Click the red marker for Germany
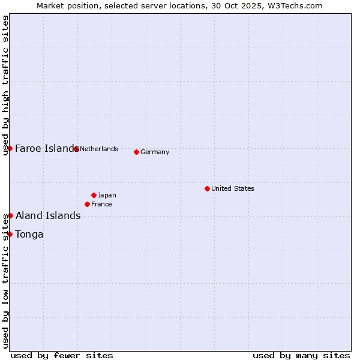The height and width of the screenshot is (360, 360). click(x=137, y=152)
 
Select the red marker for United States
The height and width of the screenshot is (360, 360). click(x=207, y=188)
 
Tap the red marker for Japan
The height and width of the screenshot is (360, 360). click(x=94, y=195)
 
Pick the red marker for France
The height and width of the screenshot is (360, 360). click(x=88, y=204)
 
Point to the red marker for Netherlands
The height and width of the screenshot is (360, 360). click(x=76, y=149)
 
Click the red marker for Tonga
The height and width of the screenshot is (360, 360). click(x=10, y=234)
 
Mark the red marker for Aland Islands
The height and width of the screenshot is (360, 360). click(x=10, y=215)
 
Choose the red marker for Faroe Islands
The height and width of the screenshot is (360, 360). click(x=10, y=148)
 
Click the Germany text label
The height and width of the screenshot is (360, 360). click(x=155, y=152)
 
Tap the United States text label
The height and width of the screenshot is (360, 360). click(x=233, y=188)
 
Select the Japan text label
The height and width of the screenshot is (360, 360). click(x=107, y=195)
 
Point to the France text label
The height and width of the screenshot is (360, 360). click(x=101, y=204)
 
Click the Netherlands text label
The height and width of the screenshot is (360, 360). click(x=99, y=149)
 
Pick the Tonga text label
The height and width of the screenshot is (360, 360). click(x=29, y=235)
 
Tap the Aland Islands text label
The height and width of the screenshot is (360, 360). click(x=48, y=216)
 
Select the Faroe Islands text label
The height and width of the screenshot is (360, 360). click(x=46, y=149)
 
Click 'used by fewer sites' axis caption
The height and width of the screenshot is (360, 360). click(x=62, y=356)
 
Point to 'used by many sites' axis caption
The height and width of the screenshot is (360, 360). click(x=301, y=356)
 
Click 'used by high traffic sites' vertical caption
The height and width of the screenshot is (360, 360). click(x=5, y=85)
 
